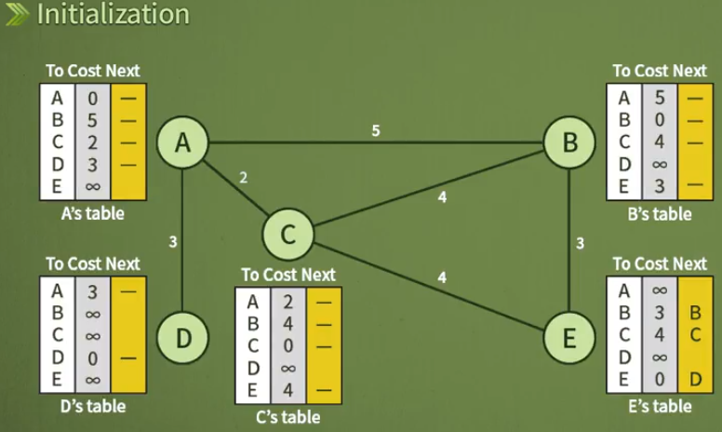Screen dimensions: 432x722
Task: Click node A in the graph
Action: coord(181,142)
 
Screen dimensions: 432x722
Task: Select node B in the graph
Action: coord(569,142)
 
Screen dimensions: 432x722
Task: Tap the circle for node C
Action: coord(287,234)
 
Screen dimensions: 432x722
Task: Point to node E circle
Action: coord(569,337)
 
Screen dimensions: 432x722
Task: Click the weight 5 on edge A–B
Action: coord(375,131)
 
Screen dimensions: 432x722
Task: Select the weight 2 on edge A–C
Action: coord(243,177)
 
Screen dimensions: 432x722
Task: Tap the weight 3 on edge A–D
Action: coord(173,242)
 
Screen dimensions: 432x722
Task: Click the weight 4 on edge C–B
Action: coord(442,197)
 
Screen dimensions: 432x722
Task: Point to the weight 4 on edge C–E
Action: coord(442,277)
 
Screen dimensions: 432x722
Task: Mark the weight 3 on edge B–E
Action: coord(580,244)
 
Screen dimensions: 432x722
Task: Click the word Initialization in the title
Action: coord(113,15)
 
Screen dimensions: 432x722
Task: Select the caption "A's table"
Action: coord(91,214)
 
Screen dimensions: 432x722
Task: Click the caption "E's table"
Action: coord(658,405)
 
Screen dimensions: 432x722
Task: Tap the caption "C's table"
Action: coord(287,417)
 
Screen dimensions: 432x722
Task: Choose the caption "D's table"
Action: coord(91,406)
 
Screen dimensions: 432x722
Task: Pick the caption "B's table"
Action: coord(658,214)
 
